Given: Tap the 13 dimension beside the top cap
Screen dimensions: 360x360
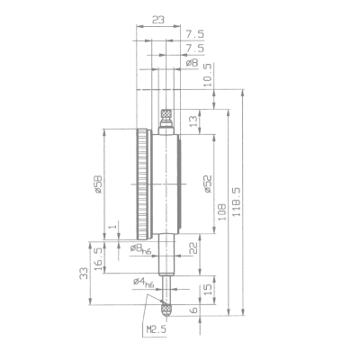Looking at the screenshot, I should click(x=193, y=120).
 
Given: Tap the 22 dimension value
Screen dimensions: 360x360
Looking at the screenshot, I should click(x=193, y=247).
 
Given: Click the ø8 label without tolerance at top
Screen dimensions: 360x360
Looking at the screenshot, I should click(x=192, y=63).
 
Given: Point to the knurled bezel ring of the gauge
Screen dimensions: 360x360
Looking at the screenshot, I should click(x=142, y=185).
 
